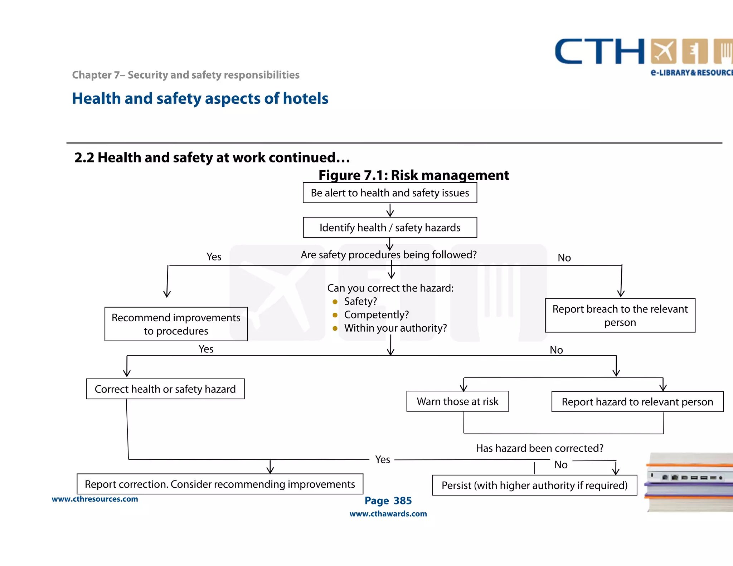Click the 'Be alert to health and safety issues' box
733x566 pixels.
(390, 193)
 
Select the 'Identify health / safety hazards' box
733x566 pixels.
(390, 228)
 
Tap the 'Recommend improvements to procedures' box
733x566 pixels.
(176, 324)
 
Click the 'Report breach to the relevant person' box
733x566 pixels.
(620, 316)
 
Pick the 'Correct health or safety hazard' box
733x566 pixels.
(165, 389)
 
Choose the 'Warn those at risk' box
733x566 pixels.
(457, 401)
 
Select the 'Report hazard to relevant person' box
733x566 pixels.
(637, 402)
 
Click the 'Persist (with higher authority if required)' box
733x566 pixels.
(534, 486)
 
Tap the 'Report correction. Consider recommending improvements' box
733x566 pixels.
(220, 484)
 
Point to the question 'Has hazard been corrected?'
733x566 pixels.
(539, 448)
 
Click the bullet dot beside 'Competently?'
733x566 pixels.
(335, 315)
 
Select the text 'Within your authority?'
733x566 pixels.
(395, 328)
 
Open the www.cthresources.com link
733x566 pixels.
(95, 499)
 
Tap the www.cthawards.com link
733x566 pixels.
(388, 514)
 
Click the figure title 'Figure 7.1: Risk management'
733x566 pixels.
(413, 175)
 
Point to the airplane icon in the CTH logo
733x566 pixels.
(664, 52)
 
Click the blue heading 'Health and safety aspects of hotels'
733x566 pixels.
(200, 98)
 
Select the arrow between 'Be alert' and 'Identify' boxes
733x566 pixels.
(390, 210)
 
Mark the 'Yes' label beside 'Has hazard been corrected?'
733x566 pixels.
(382, 459)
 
